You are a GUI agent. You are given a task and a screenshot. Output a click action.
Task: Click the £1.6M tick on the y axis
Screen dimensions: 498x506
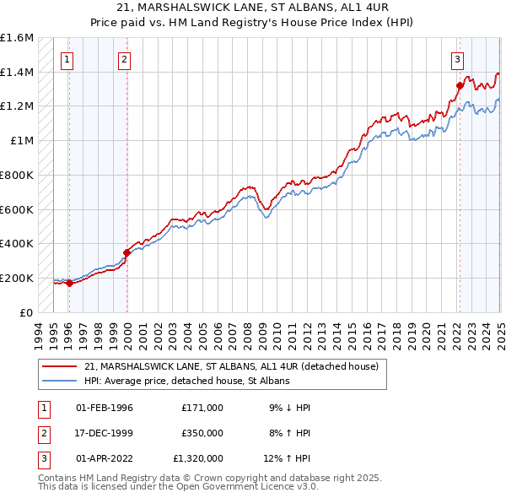pos(17,38)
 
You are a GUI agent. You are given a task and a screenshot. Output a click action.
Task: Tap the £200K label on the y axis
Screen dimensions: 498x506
pos(17,278)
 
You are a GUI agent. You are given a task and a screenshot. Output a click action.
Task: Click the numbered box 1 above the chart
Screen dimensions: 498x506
pos(67,59)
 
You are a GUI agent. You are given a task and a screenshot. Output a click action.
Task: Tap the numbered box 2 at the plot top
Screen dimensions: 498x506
pos(124,59)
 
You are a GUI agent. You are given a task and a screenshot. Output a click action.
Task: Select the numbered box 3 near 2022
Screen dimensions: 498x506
pos(457,59)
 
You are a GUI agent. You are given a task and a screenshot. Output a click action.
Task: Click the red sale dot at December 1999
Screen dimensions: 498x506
pos(126,252)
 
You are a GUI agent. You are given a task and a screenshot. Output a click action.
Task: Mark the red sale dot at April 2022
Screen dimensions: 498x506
pos(460,85)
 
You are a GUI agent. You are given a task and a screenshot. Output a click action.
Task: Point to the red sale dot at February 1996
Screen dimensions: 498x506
pos(69,283)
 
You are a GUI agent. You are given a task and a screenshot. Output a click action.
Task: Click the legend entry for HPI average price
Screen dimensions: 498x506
pos(187,382)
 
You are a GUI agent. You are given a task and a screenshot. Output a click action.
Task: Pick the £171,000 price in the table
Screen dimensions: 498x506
pos(202,407)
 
